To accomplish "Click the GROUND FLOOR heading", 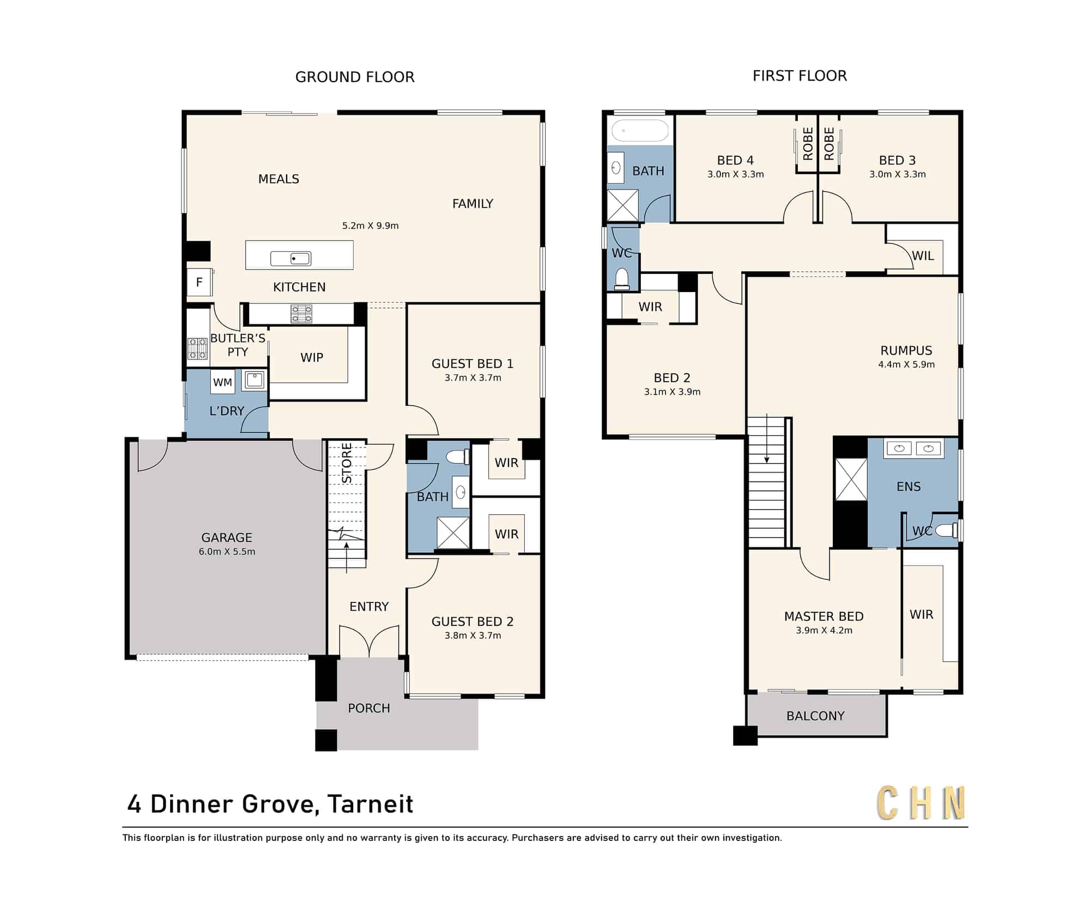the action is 355,77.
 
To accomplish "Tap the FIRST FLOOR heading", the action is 800,76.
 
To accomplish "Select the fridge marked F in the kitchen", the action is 199,282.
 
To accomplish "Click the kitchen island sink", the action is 291,258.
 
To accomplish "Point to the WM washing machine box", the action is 222,382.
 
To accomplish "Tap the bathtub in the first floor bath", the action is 640,131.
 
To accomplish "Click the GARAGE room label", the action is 227,538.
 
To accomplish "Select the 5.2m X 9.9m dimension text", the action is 370,226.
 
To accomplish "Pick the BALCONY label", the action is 815,716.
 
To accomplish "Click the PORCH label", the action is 369,708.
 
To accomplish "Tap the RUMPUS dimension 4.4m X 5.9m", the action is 906,364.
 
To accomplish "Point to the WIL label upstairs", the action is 923,255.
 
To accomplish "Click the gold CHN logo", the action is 921,803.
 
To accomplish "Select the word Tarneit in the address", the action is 371,804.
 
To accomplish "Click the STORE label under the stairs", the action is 347,464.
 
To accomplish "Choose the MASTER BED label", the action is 823,616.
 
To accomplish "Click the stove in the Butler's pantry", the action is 197,349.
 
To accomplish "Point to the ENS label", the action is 909,486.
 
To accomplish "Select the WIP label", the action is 312,357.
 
